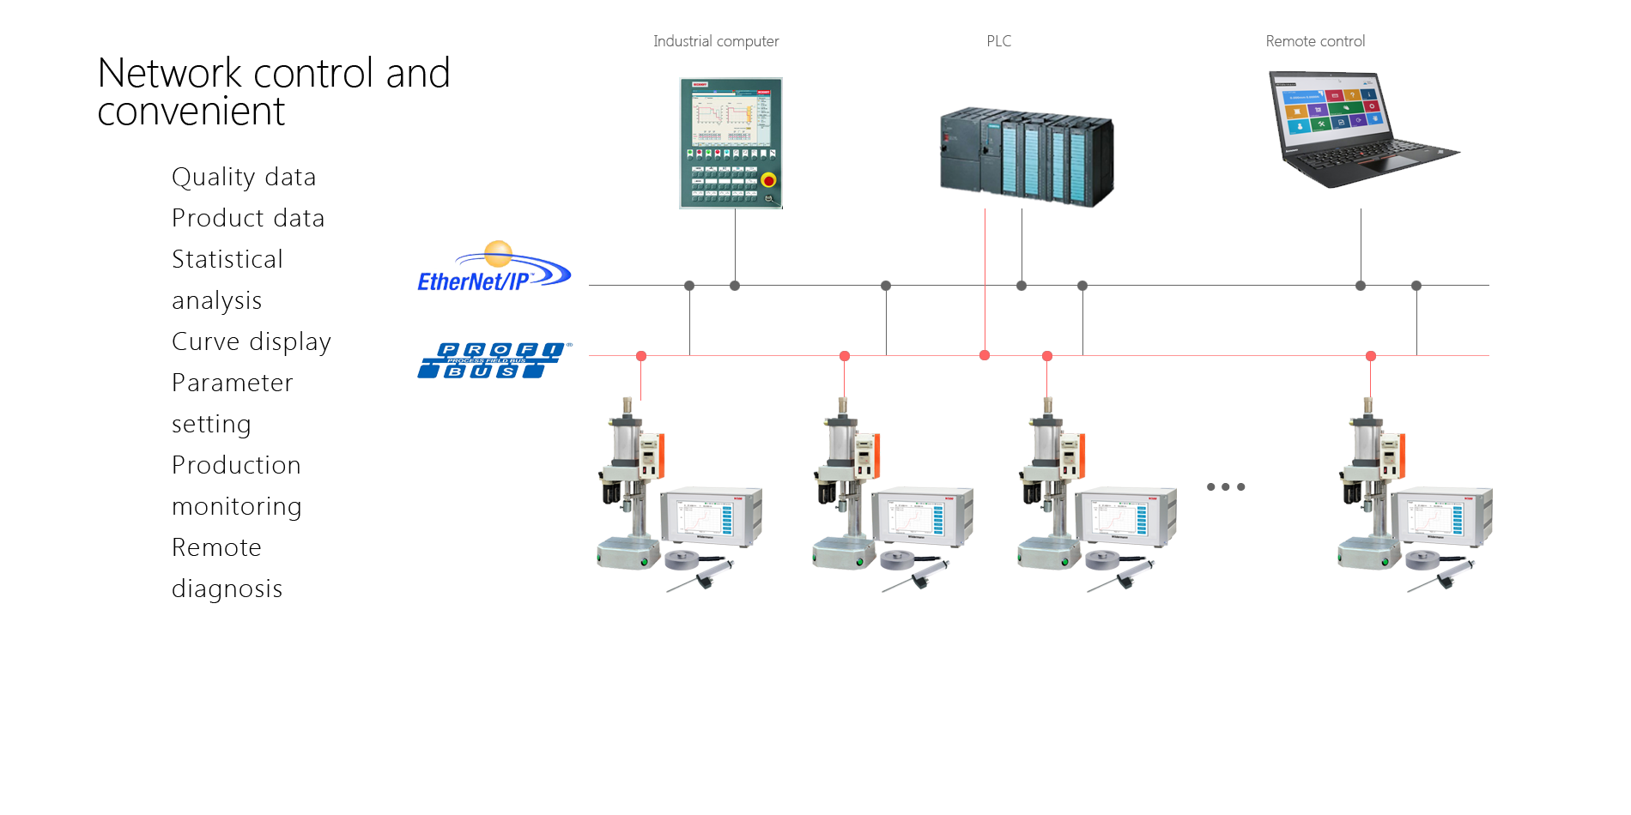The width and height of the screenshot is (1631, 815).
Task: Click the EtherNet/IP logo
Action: click(493, 267)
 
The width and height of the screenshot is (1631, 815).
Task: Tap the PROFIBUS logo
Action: click(493, 360)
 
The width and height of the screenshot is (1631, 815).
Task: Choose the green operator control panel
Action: click(731, 143)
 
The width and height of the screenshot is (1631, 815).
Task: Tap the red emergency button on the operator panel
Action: click(768, 180)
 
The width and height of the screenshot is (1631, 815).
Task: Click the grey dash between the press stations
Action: click(1226, 486)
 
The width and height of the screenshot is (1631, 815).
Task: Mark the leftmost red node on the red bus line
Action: click(641, 356)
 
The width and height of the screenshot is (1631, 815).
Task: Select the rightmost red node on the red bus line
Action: click(1371, 356)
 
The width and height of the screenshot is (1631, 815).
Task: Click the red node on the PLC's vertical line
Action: click(985, 355)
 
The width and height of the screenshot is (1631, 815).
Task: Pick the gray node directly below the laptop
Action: click(1361, 286)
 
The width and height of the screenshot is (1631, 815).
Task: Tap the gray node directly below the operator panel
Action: click(735, 286)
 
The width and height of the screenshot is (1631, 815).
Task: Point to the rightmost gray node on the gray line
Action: click(1416, 286)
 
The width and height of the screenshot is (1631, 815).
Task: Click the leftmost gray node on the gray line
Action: click(689, 286)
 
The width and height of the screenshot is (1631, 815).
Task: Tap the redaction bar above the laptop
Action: click(1315, 40)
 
